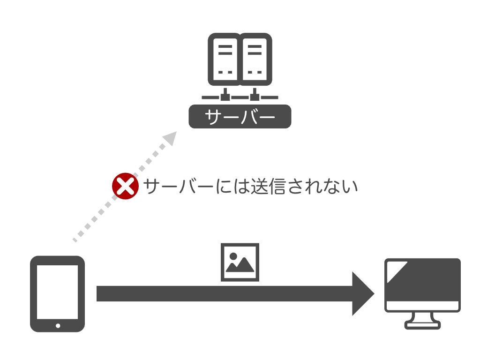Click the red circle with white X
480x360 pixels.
125,186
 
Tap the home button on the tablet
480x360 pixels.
58,325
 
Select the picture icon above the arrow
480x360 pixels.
240,262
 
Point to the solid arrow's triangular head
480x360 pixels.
362,294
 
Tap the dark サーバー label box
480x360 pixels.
240,116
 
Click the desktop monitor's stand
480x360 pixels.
423,321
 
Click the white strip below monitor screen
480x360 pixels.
423,306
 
